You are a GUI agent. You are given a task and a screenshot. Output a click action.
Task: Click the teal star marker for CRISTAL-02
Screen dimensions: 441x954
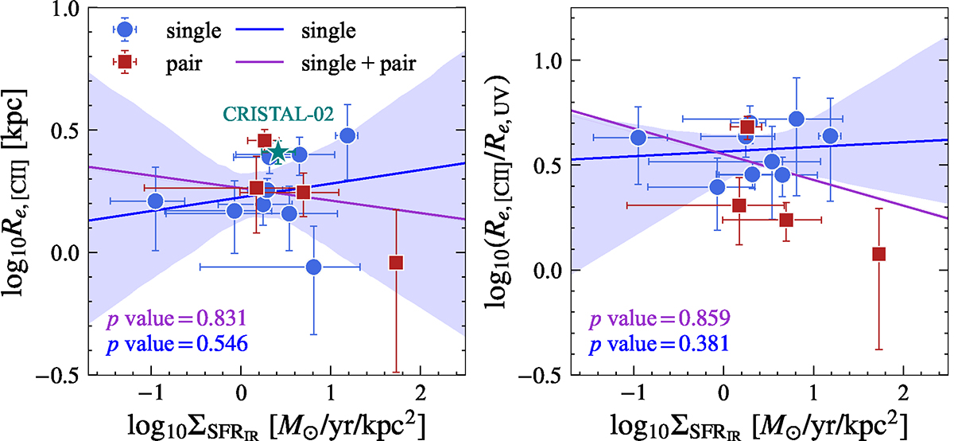tap(277, 152)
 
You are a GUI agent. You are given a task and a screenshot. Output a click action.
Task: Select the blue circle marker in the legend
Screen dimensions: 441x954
tap(122, 29)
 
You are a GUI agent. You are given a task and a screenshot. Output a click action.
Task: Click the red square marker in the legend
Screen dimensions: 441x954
tap(122, 60)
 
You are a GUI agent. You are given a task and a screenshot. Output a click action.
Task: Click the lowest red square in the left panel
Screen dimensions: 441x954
tap(396, 263)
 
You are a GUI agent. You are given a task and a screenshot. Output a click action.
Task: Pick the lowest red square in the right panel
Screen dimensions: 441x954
tap(878, 254)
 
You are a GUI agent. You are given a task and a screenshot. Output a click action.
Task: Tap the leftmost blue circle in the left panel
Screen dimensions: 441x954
tap(156, 201)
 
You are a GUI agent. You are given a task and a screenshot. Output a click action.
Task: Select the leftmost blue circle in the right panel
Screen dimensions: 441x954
tap(638, 138)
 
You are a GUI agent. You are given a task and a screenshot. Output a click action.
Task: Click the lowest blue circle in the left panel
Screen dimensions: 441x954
tap(313, 267)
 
